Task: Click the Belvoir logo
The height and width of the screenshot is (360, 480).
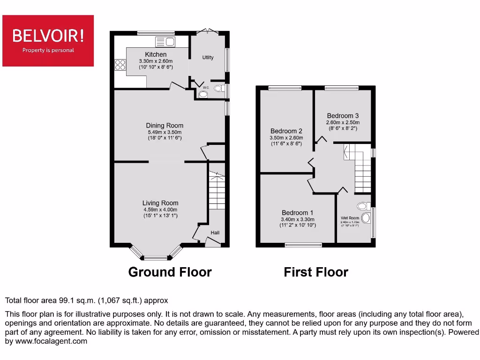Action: point(48,40)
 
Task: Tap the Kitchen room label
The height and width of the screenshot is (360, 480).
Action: point(156,54)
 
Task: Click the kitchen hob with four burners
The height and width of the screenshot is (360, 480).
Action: point(120,65)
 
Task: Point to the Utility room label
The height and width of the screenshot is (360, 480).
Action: point(208,58)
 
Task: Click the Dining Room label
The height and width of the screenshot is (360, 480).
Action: point(165,125)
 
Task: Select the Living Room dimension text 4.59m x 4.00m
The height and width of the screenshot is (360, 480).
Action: point(160,210)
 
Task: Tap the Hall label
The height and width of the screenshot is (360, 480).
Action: point(215,233)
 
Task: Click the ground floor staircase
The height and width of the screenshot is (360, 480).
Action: point(217,192)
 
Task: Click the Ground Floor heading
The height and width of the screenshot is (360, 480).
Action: point(170,272)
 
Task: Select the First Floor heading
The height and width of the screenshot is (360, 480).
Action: point(316,272)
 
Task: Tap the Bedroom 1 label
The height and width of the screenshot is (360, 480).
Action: point(298,213)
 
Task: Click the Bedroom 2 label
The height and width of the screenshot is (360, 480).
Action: point(286,131)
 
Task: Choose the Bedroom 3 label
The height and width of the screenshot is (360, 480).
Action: point(343,116)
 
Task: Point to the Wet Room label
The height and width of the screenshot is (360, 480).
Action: point(350,218)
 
